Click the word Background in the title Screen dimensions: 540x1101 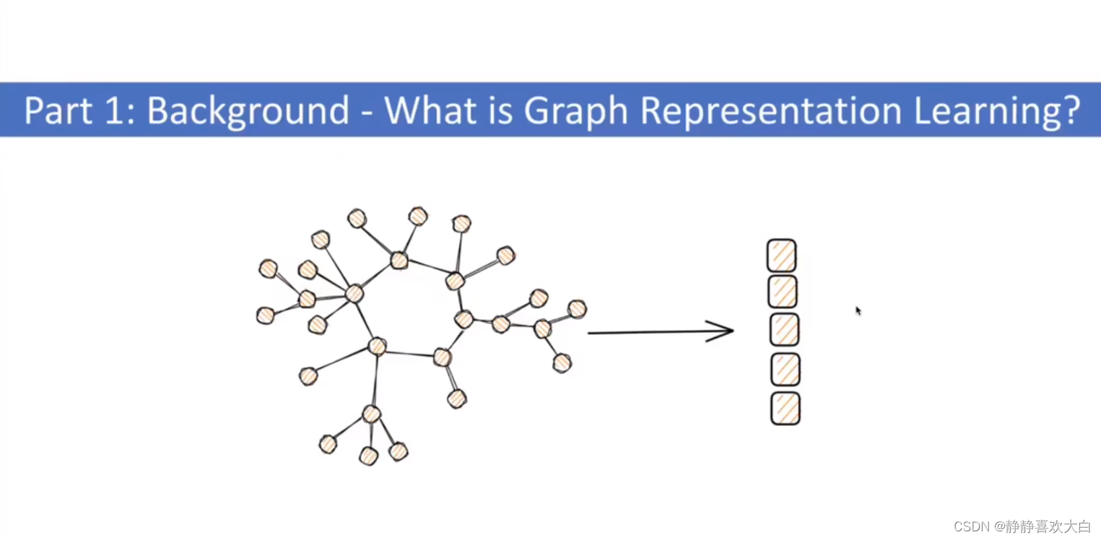click(248, 110)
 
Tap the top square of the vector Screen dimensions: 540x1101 click(781, 256)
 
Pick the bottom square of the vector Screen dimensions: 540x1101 click(786, 409)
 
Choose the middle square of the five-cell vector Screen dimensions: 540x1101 click(784, 330)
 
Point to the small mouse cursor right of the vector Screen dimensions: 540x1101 click(858, 310)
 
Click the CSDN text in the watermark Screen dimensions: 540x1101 click(970, 527)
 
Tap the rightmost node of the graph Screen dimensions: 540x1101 click(577, 309)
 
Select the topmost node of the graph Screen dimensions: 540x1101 click(418, 216)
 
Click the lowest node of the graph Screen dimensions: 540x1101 click(368, 456)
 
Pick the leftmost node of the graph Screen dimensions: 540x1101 click(266, 315)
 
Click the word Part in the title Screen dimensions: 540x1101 click(56, 110)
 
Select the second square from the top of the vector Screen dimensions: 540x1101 click(783, 292)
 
